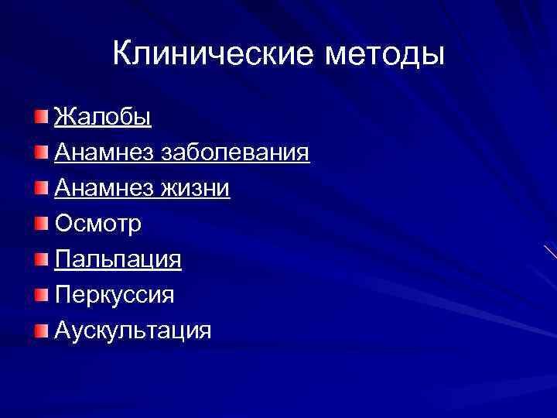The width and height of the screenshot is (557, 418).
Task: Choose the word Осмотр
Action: click(97, 224)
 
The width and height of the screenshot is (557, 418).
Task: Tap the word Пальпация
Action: click(118, 259)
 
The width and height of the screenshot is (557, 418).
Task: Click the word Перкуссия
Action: click(114, 295)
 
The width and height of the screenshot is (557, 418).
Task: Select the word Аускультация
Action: click(132, 331)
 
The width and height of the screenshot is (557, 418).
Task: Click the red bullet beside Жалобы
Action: click(40, 117)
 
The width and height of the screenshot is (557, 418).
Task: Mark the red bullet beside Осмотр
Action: click(40, 224)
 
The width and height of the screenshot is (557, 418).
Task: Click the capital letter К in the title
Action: click(121, 53)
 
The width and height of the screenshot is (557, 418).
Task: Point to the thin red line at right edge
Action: click(550, 252)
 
